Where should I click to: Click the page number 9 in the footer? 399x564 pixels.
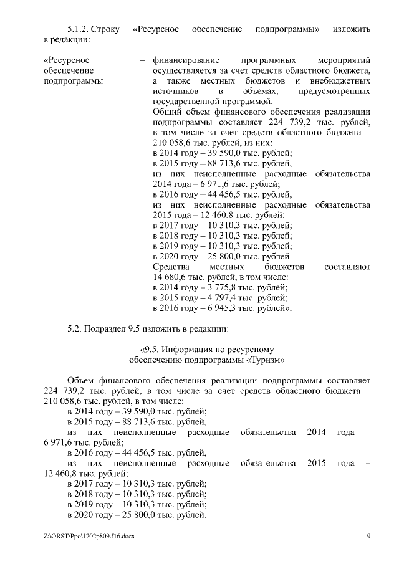pos(368,536)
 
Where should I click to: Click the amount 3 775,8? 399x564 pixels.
pos(215,287)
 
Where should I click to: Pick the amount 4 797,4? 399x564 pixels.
pos(215,297)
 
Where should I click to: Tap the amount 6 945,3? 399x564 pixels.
pos(215,307)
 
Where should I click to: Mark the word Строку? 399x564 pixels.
pos(110,29)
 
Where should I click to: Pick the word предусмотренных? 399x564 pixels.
pos(335,92)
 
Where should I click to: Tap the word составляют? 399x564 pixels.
pos(347,267)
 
